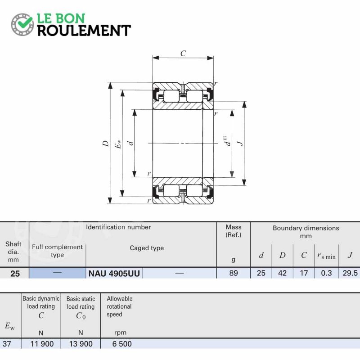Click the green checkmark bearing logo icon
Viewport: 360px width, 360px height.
point(22,25)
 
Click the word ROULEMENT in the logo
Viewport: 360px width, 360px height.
point(84,31)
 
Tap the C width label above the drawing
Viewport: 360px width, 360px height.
point(183,54)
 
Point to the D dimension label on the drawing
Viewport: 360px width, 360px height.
point(105,144)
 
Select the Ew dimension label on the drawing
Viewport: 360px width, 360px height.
point(117,144)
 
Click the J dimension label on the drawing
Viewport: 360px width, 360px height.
point(240,143)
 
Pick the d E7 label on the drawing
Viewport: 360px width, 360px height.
point(227,140)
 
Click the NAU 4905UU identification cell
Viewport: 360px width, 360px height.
point(114,274)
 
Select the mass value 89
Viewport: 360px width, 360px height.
point(233,273)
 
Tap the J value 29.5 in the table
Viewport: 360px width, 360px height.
point(350,273)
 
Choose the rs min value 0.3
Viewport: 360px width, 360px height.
point(326,273)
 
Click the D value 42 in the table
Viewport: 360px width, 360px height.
point(283,273)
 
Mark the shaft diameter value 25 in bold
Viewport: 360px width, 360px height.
point(15,274)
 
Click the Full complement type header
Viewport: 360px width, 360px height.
point(58,251)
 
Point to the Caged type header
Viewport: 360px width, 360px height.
point(147,248)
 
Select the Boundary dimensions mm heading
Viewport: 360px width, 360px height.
point(306,232)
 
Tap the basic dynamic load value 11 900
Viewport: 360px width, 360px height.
point(42,344)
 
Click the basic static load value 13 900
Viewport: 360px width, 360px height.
point(81,344)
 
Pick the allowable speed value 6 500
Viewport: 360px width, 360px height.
point(122,344)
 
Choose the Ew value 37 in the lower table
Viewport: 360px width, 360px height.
point(7,344)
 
